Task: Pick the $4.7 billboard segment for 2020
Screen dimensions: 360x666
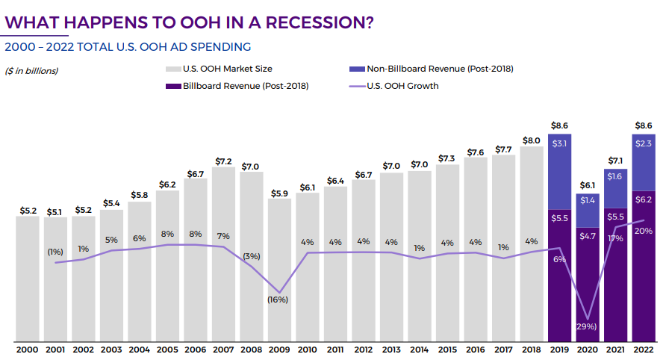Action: [x=588, y=284]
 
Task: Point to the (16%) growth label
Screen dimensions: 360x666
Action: [x=278, y=300]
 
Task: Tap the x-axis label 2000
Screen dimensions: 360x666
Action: [x=28, y=349]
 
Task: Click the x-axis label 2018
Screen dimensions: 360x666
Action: [x=532, y=349]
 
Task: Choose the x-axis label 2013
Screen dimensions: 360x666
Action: [x=391, y=349]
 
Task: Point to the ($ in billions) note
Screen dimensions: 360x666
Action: [x=31, y=71]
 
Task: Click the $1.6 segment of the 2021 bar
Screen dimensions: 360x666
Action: [x=615, y=176]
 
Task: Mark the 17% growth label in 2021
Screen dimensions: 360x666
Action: [x=615, y=238]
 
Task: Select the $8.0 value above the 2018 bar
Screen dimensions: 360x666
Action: [x=532, y=140]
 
